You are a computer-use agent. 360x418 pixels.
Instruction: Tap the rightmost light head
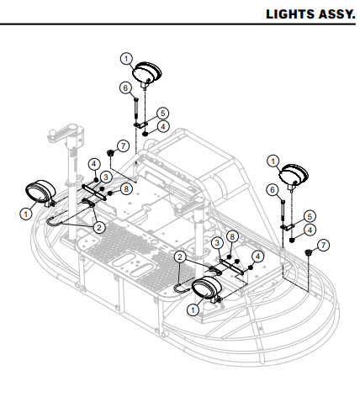click(x=294, y=176)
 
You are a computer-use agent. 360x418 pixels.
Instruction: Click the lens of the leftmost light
click(x=36, y=192)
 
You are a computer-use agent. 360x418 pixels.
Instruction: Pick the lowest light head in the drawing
click(x=205, y=289)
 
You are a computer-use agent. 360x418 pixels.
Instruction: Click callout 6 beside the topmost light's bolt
click(x=124, y=87)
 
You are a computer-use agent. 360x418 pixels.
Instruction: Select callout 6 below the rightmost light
click(x=272, y=191)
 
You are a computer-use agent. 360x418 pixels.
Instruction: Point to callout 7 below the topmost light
click(x=124, y=146)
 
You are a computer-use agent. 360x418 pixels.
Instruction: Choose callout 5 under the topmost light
click(x=162, y=112)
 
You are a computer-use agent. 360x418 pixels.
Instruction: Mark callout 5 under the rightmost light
click(x=310, y=216)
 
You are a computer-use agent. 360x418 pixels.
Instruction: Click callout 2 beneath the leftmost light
click(x=98, y=227)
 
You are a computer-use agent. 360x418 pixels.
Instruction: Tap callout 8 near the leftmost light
click(x=125, y=189)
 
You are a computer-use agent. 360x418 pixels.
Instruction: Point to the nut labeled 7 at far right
click(x=310, y=253)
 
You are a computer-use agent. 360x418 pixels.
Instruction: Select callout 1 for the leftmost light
click(x=26, y=214)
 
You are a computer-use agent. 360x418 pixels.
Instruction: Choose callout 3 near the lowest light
click(x=217, y=243)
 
